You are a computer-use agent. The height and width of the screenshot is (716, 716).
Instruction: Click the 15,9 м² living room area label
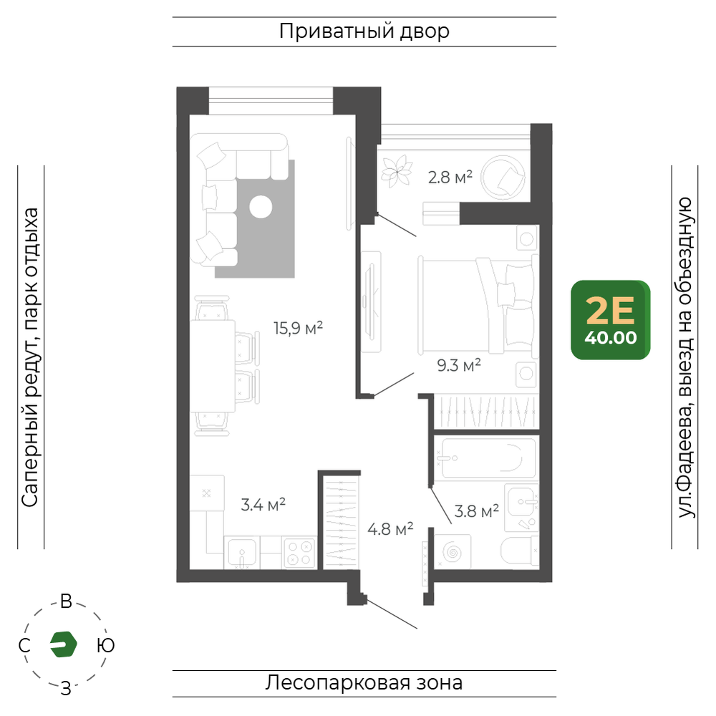pyautogui.click(x=298, y=328)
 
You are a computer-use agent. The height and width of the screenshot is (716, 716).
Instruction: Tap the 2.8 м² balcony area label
pyautogui.click(x=450, y=177)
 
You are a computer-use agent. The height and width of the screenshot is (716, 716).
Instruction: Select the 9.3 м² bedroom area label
pyautogui.click(x=459, y=365)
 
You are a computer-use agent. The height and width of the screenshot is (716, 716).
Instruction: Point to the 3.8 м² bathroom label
pyautogui.click(x=476, y=511)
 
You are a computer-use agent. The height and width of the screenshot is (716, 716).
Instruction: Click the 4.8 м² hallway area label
pyautogui.click(x=390, y=529)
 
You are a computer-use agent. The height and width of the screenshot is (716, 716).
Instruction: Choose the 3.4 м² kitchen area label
pyautogui.click(x=263, y=505)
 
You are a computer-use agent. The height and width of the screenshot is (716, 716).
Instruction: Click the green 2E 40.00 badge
pyautogui.click(x=611, y=319)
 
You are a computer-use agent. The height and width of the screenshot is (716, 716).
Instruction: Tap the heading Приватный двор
pyautogui.click(x=364, y=31)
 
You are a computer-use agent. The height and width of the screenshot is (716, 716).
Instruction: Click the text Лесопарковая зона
pyautogui.click(x=364, y=682)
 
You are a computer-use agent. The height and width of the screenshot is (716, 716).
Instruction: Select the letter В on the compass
pyautogui.click(x=66, y=601)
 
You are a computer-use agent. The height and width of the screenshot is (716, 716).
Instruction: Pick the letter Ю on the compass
pyautogui.click(x=105, y=645)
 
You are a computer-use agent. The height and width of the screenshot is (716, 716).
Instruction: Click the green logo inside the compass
pyautogui.click(x=64, y=644)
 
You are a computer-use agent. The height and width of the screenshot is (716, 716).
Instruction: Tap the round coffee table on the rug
pyautogui.click(x=261, y=207)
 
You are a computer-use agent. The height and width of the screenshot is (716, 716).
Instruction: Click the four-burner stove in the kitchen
pyautogui.click(x=299, y=553)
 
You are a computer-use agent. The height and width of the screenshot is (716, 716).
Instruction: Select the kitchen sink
pyautogui.click(x=241, y=553)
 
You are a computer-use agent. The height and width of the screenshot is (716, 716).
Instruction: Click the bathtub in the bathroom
pyautogui.click(x=488, y=458)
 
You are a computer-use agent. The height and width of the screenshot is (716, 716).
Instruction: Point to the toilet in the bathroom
pyautogui.click(x=520, y=551)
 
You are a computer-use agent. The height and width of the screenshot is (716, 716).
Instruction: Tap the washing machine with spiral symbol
pyautogui.click(x=453, y=551)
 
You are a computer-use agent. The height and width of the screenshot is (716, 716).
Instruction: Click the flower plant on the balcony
pyautogui.click(x=397, y=171)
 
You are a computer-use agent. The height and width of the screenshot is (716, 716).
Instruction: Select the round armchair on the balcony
pyautogui.click(x=504, y=177)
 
